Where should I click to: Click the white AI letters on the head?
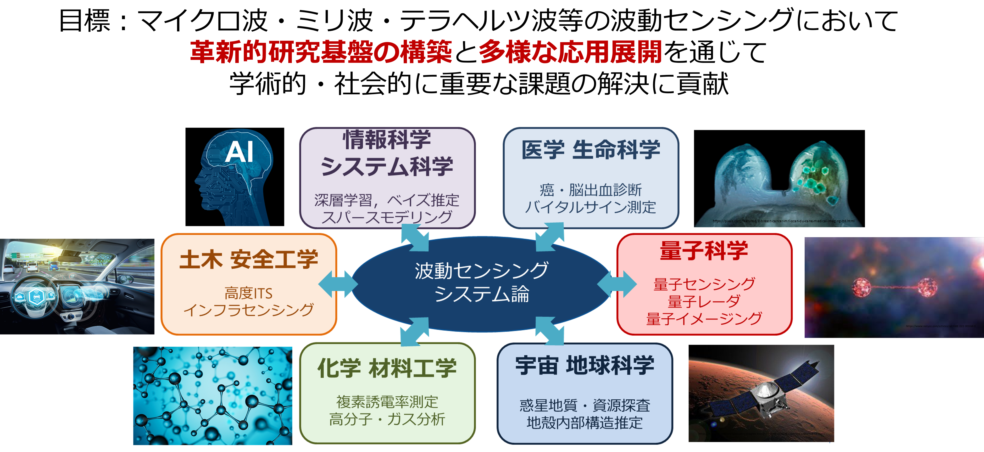[x=239, y=152]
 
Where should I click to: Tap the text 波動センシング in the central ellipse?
[x=482, y=271]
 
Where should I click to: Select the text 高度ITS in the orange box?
[x=248, y=293]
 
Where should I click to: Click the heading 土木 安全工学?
[x=249, y=260]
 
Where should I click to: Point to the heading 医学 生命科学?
[x=590, y=150]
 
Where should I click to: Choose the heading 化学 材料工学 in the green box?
[x=387, y=368]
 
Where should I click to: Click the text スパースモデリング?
[x=387, y=217]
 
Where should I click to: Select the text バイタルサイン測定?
[x=590, y=207]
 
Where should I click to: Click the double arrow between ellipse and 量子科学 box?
[x=617, y=284]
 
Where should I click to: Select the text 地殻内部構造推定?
[x=584, y=423]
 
